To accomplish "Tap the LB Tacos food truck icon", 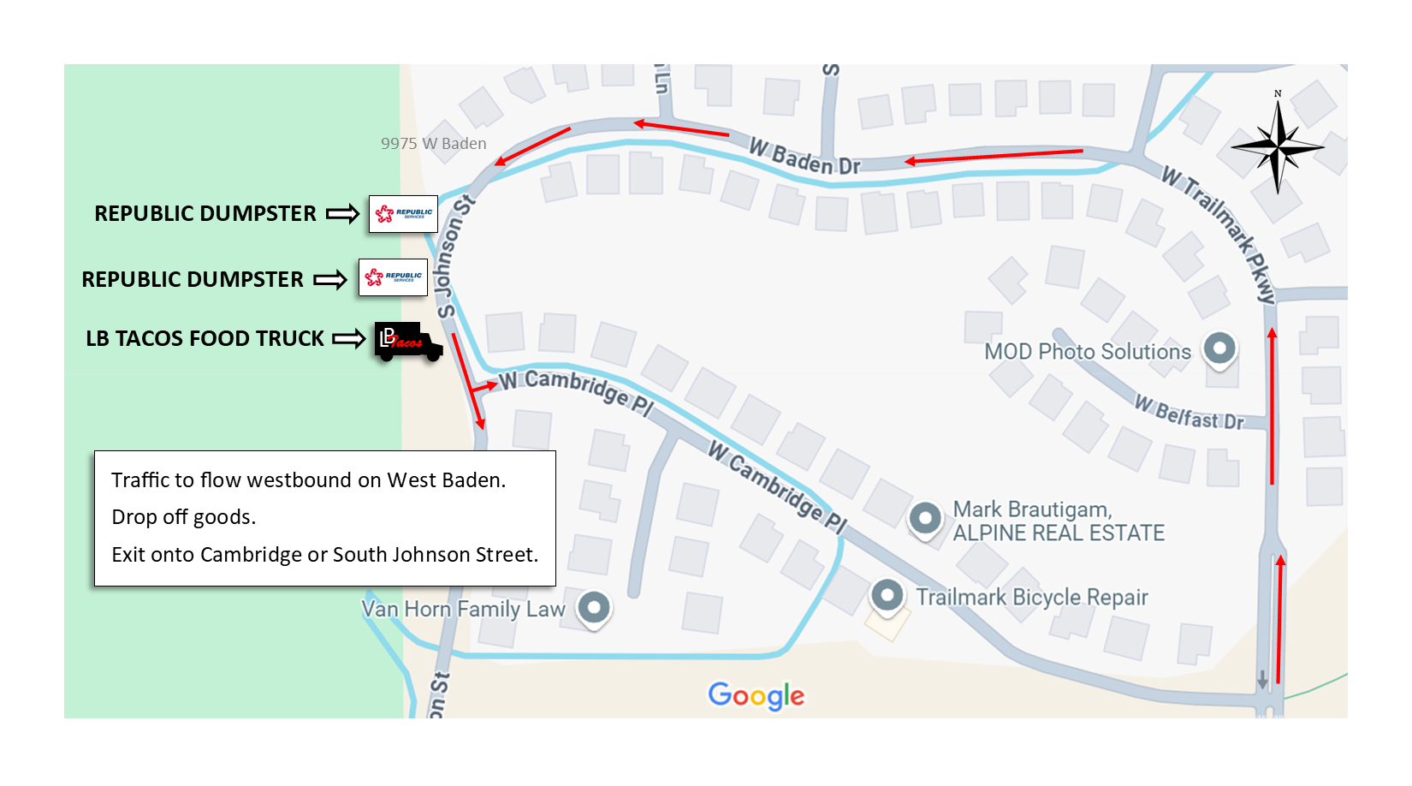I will [x=408, y=342].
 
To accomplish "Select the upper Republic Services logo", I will [x=403, y=213].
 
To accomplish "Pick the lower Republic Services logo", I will [x=393, y=277].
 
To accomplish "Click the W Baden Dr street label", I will [x=804, y=157].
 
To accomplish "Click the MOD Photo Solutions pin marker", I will [x=1219, y=348].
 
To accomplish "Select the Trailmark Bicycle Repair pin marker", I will [x=887, y=594].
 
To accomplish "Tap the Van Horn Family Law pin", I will [x=594, y=607].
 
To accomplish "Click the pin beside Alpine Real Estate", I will [x=925, y=518].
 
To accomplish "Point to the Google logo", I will [x=756, y=695].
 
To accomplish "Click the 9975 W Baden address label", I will [x=433, y=144].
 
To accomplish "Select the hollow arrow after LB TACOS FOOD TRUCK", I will [x=348, y=339].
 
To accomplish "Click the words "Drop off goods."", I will [x=184, y=517].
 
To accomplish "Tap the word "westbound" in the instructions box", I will [x=300, y=480].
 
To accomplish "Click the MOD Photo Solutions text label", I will [x=1087, y=352].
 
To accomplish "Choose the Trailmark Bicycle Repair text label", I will [x=1031, y=597].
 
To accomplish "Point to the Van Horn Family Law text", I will [x=463, y=609].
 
